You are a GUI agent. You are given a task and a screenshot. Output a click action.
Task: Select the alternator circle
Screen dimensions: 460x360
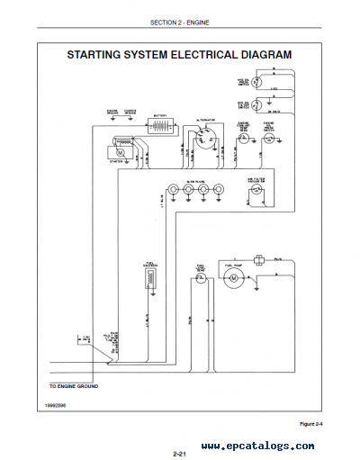(x=203, y=142)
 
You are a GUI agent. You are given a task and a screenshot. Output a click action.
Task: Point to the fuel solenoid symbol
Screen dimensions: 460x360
(x=149, y=282)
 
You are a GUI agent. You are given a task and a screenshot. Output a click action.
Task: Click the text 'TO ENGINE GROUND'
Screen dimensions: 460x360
(x=73, y=386)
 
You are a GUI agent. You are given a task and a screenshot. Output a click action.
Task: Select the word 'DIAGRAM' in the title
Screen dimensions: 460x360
(x=259, y=54)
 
